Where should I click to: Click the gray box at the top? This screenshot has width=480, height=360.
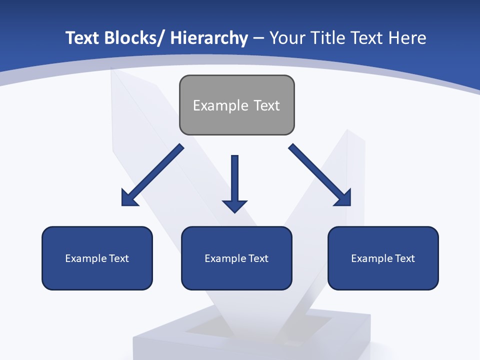236,105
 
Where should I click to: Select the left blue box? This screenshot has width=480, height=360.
97,258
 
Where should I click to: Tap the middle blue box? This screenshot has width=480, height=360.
236,258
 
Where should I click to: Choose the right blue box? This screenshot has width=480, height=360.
383,258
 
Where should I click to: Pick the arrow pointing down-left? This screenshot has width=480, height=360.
152,175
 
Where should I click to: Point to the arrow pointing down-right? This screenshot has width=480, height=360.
320,175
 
